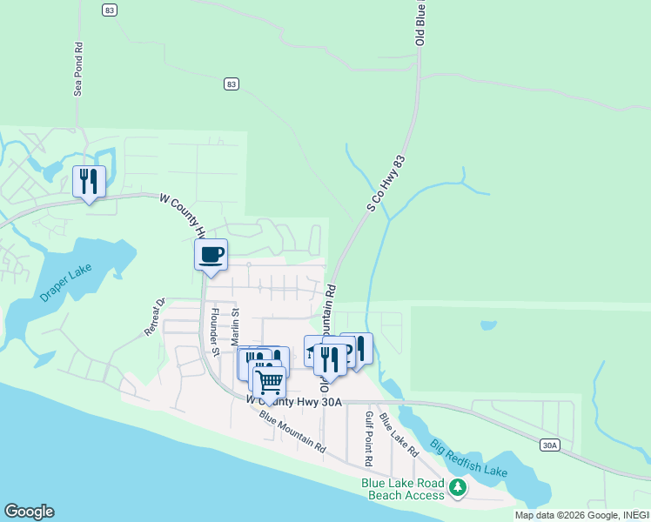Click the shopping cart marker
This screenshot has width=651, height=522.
pyautogui.click(x=270, y=380)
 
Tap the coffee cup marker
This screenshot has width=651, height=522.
pyautogui.click(x=211, y=254)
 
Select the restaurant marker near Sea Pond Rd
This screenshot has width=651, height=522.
pyautogui.click(x=89, y=181)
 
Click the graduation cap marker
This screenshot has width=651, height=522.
pyautogui.click(x=312, y=350)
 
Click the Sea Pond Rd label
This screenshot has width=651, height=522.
pyautogui.click(x=78, y=70)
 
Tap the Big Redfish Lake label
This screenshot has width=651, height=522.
pyautogui.click(x=467, y=461)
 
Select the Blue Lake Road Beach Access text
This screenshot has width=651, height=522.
pyautogui.click(x=403, y=489)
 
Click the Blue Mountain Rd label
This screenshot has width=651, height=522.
pyautogui.click(x=292, y=432)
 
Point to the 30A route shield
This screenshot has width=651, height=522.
pyautogui.click(x=549, y=445)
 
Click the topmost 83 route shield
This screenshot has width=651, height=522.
pyautogui.click(x=108, y=9)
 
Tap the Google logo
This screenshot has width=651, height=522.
pyautogui.click(x=29, y=512)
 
